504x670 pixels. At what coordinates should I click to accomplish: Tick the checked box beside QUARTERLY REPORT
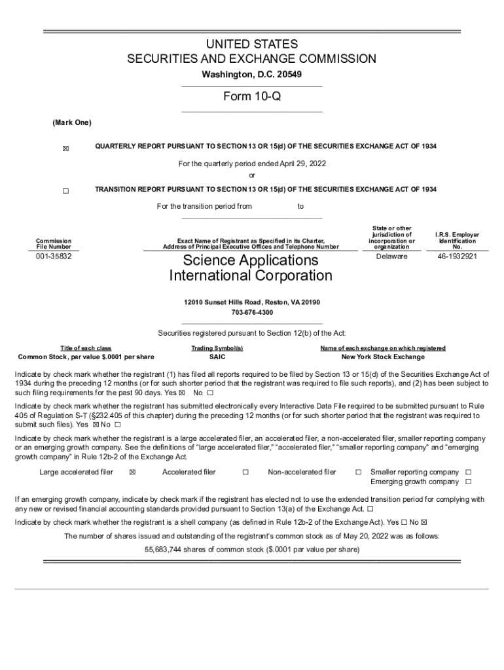[x=65, y=149]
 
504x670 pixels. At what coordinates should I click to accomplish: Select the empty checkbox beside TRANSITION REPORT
[x=65, y=191]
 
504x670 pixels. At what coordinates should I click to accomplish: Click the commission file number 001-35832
[x=54, y=257]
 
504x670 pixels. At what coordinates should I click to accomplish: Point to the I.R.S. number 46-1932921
[x=457, y=256]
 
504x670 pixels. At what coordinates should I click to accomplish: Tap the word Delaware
[x=391, y=256]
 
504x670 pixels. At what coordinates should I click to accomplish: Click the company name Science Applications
[x=251, y=260]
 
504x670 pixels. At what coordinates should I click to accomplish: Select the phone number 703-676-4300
[x=251, y=313]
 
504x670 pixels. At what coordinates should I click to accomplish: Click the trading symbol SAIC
[x=217, y=357]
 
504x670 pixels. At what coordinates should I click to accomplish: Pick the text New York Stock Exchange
[x=383, y=357]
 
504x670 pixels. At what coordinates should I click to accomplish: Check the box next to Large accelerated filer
[x=133, y=472]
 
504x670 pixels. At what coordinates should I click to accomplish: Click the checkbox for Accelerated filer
[x=245, y=472]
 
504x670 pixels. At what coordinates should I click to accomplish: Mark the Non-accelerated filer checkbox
[x=358, y=472]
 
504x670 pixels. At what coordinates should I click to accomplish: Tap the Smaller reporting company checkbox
[x=468, y=472]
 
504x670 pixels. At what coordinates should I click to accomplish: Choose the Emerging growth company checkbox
[x=468, y=482]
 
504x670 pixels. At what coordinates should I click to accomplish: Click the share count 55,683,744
[x=166, y=550]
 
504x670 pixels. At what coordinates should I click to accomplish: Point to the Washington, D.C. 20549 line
[x=251, y=75]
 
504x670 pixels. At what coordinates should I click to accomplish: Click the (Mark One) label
[x=72, y=123]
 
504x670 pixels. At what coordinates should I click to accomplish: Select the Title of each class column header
[x=86, y=348]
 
